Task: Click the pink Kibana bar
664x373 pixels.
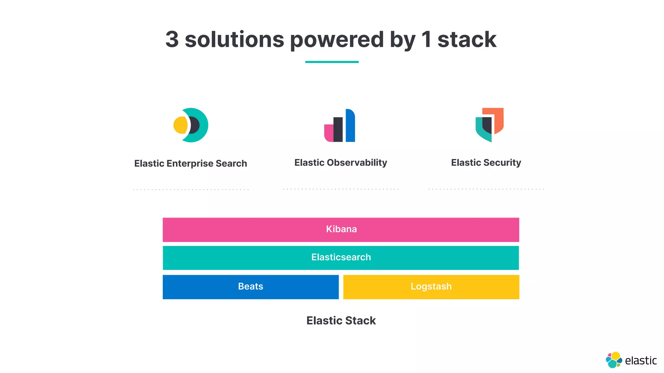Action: (341, 230)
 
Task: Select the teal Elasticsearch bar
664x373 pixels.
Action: (341, 258)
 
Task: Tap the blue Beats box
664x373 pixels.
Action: (251, 287)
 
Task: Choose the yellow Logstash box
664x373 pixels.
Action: (431, 287)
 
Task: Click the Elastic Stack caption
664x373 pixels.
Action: (341, 321)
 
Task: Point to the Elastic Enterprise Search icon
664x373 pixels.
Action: (191, 125)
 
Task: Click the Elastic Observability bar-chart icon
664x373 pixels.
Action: (340, 126)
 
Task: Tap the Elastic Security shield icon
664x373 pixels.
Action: (489, 125)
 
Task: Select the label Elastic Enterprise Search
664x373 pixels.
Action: (191, 164)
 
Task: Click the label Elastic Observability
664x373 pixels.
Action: (340, 163)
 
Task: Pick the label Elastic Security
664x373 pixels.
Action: (486, 163)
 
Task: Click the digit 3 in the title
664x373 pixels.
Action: (172, 40)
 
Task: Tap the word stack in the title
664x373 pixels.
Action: (467, 40)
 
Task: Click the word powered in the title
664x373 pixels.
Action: (337, 40)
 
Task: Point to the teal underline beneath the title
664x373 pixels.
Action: (332, 62)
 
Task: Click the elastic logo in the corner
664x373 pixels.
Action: (631, 360)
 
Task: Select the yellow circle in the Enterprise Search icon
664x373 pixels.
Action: (180, 125)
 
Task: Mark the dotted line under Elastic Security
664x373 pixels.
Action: (486, 189)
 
